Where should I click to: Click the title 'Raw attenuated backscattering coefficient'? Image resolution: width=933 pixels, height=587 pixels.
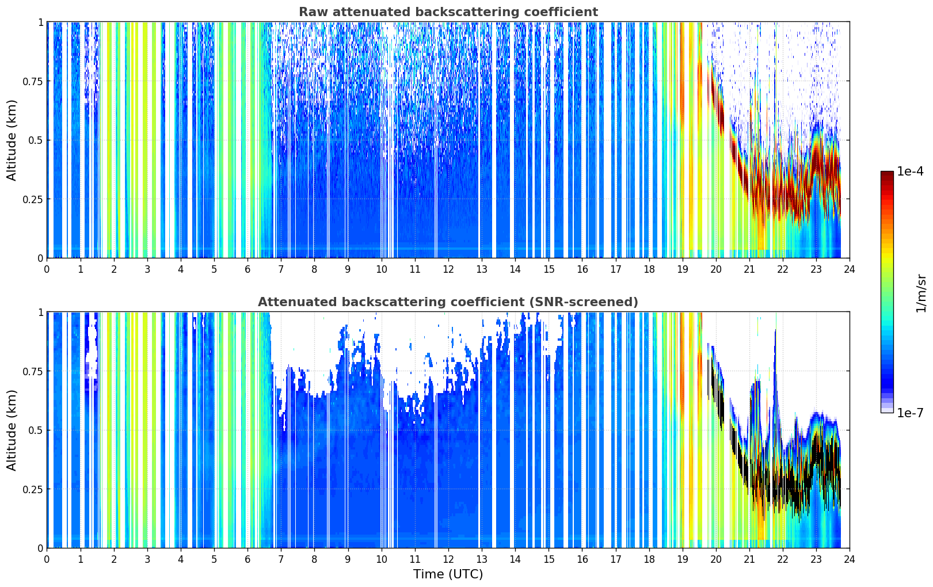point(448,12)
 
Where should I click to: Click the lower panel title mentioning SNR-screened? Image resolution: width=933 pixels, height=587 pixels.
point(448,302)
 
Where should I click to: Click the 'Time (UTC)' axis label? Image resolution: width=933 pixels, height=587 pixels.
point(448,574)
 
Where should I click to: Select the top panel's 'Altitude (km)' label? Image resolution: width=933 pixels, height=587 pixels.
point(12,140)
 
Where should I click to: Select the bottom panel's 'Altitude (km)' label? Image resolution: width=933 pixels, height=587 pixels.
point(12,430)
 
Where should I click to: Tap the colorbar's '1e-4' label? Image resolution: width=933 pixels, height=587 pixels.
point(910,171)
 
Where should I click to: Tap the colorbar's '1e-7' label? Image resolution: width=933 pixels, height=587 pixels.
point(910,413)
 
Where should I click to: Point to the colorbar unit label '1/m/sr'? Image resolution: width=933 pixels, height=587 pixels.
point(921,293)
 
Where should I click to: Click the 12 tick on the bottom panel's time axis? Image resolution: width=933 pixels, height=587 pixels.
point(448,559)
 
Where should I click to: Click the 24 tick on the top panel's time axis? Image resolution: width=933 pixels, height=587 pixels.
point(850,269)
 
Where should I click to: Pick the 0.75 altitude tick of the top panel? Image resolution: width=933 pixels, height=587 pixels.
point(33,81)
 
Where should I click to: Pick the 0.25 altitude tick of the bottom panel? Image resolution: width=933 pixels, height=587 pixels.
point(33,489)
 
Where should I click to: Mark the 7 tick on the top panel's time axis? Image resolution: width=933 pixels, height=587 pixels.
point(281,269)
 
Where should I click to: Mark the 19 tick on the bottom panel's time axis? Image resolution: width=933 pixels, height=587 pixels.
point(682,559)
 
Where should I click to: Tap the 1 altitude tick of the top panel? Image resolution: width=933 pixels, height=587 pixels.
point(40,22)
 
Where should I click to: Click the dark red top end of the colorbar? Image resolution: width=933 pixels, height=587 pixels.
point(887,174)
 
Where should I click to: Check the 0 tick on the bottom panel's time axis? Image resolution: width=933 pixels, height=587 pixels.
point(47,559)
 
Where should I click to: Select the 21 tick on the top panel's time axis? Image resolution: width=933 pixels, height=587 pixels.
point(749,269)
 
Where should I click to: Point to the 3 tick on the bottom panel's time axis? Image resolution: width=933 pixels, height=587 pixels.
point(147,559)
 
